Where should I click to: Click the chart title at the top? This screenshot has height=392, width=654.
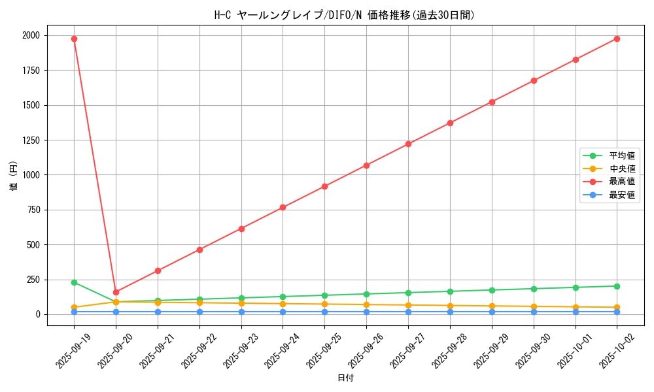pyautogui.click(x=345, y=15)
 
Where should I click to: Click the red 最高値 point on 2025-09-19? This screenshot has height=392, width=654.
pyautogui.click(x=74, y=39)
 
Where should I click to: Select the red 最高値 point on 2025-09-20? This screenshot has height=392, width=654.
pyautogui.click(x=116, y=292)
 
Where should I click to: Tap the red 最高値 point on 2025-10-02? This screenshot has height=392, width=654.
pyautogui.click(x=617, y=39)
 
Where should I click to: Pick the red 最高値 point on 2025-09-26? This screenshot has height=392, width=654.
pyautogui.click(x=366, y=165)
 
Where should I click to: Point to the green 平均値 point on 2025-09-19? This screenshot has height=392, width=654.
pyautogui.click(x=74, y=282)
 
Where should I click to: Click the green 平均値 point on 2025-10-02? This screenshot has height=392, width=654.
pyautogui.click(x=617, y=286)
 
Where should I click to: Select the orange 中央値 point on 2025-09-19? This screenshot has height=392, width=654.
pyautogui.click(x=74, y=307)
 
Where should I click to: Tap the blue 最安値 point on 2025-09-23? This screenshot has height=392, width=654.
pyautogui.click(x=241, y=312)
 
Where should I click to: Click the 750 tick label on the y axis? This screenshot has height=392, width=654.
pyautogui.click(x=33, y=210)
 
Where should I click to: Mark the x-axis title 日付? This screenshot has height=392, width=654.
pyautogui.click(x=345, y=378)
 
